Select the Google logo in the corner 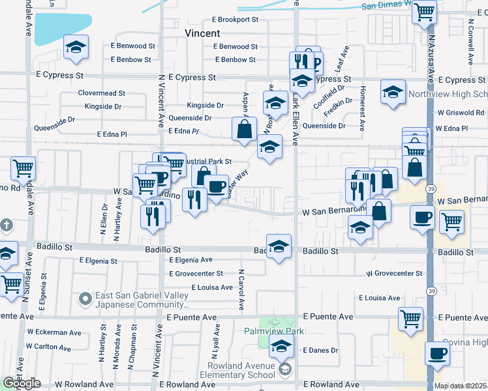[22, 383]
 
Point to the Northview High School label [448, 94]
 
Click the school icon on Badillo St [279, 247]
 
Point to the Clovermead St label [101, 93]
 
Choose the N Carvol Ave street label [241, 289]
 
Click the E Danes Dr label [320, 350]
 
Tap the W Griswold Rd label [461, 113]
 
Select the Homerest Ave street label [363, 100]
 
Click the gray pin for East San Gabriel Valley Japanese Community [85, 299]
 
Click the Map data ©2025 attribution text [460, 386]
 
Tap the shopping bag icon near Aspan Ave [244, 129]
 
